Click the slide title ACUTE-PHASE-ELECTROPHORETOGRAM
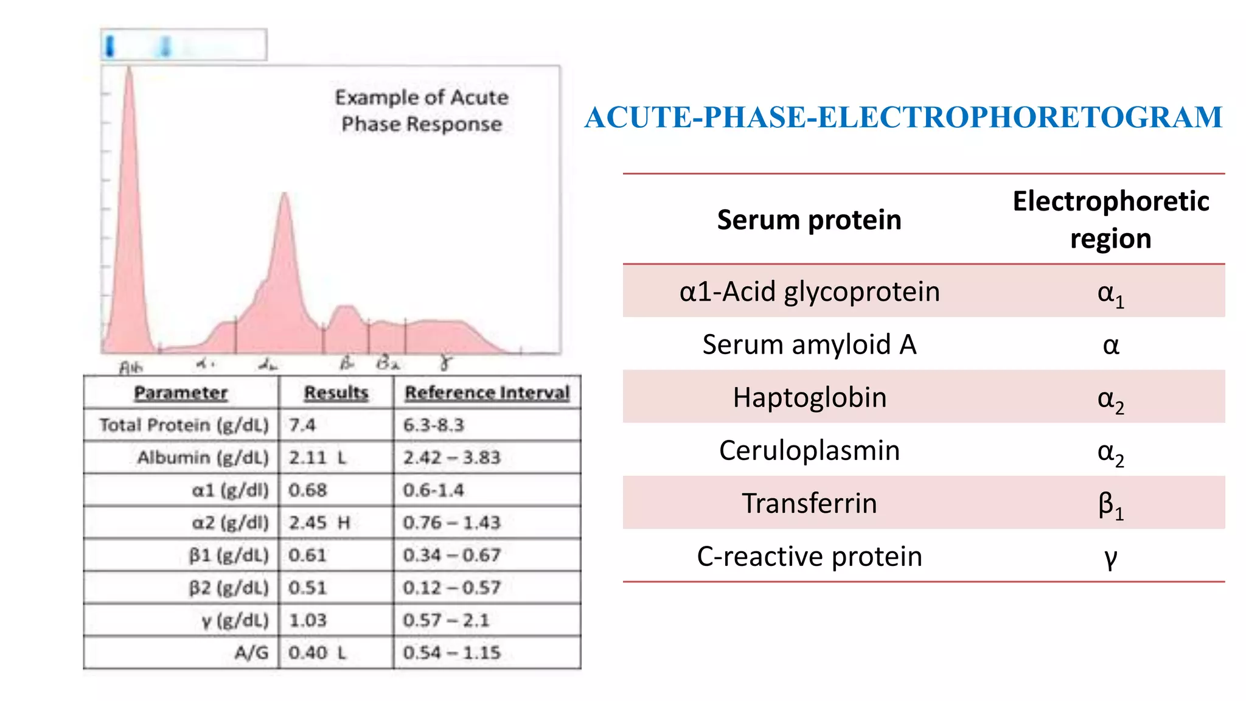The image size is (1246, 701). [x=903, y=117]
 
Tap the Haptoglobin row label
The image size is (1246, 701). [x=809, y=397]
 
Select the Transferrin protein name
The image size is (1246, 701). [x=809, y=503]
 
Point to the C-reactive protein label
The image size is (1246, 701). [x=809, y=556]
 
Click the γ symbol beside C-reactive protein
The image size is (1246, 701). [x=1110, y=557]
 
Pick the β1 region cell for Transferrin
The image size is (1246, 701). [x=1110, y=504]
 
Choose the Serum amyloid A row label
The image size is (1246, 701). [x=809, y=344]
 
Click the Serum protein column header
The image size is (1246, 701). [x=809, y=220]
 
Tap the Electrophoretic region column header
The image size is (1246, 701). [x=1110, y=219]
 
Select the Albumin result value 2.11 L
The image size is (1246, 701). [x=317, y=457]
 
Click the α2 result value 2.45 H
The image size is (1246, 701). [x=319, y=523]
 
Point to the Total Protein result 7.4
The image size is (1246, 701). [x=302, y=425]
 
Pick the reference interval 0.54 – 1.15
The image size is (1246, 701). [x=451, y=652]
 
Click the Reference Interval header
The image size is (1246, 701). [x=487, y=392]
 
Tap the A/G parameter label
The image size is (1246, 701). [x=251, y=652]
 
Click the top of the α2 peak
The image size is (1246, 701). [x=284, y=195]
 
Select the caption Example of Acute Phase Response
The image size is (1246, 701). [x=422, y=111]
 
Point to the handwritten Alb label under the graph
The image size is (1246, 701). [x=130, y=367]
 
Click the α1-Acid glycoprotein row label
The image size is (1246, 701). [x=809, y=291]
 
